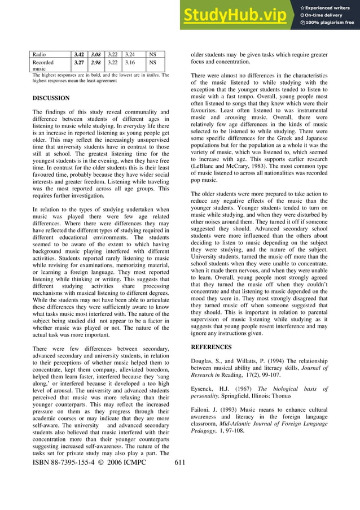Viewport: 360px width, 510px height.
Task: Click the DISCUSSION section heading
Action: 51,98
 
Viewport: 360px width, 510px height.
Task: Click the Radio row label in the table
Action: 39,55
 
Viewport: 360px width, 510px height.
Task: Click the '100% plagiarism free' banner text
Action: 330,23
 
